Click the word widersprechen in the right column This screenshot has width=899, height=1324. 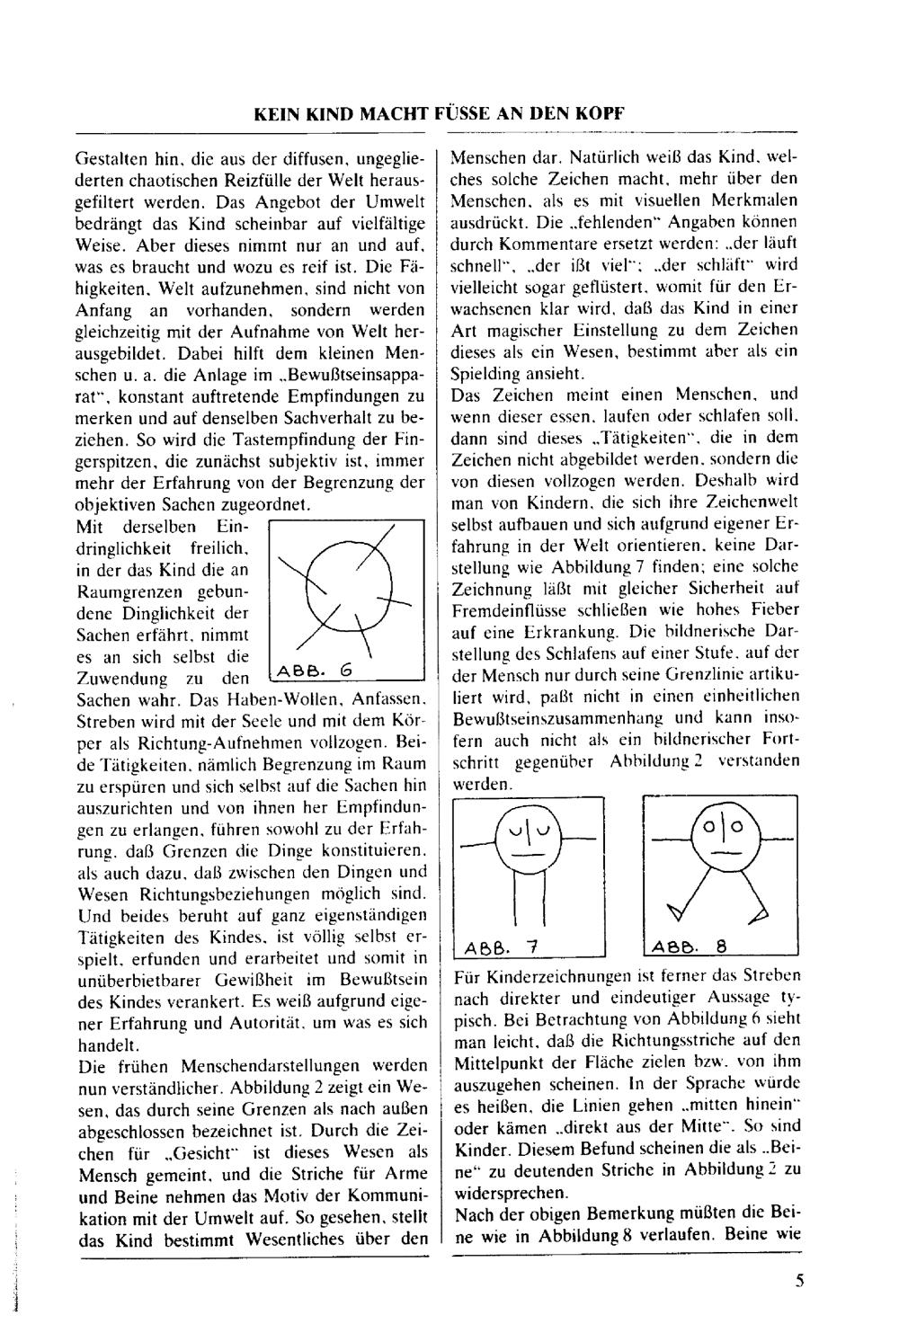(x=512, y=1194)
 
